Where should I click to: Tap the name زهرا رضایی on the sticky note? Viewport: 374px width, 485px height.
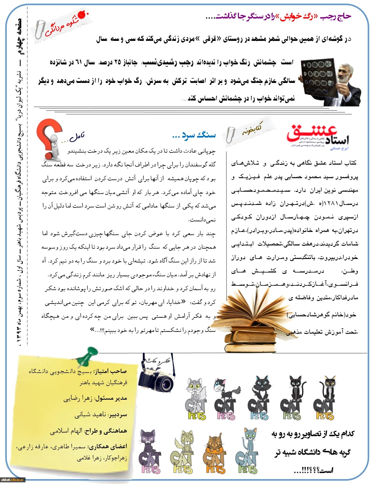pyautogui.click(x=78, y=399)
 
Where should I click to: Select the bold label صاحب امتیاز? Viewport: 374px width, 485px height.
pyautogui.click(x=110, y=371)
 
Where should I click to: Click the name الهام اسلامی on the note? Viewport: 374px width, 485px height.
pyautogui.click(x=66, y=431)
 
